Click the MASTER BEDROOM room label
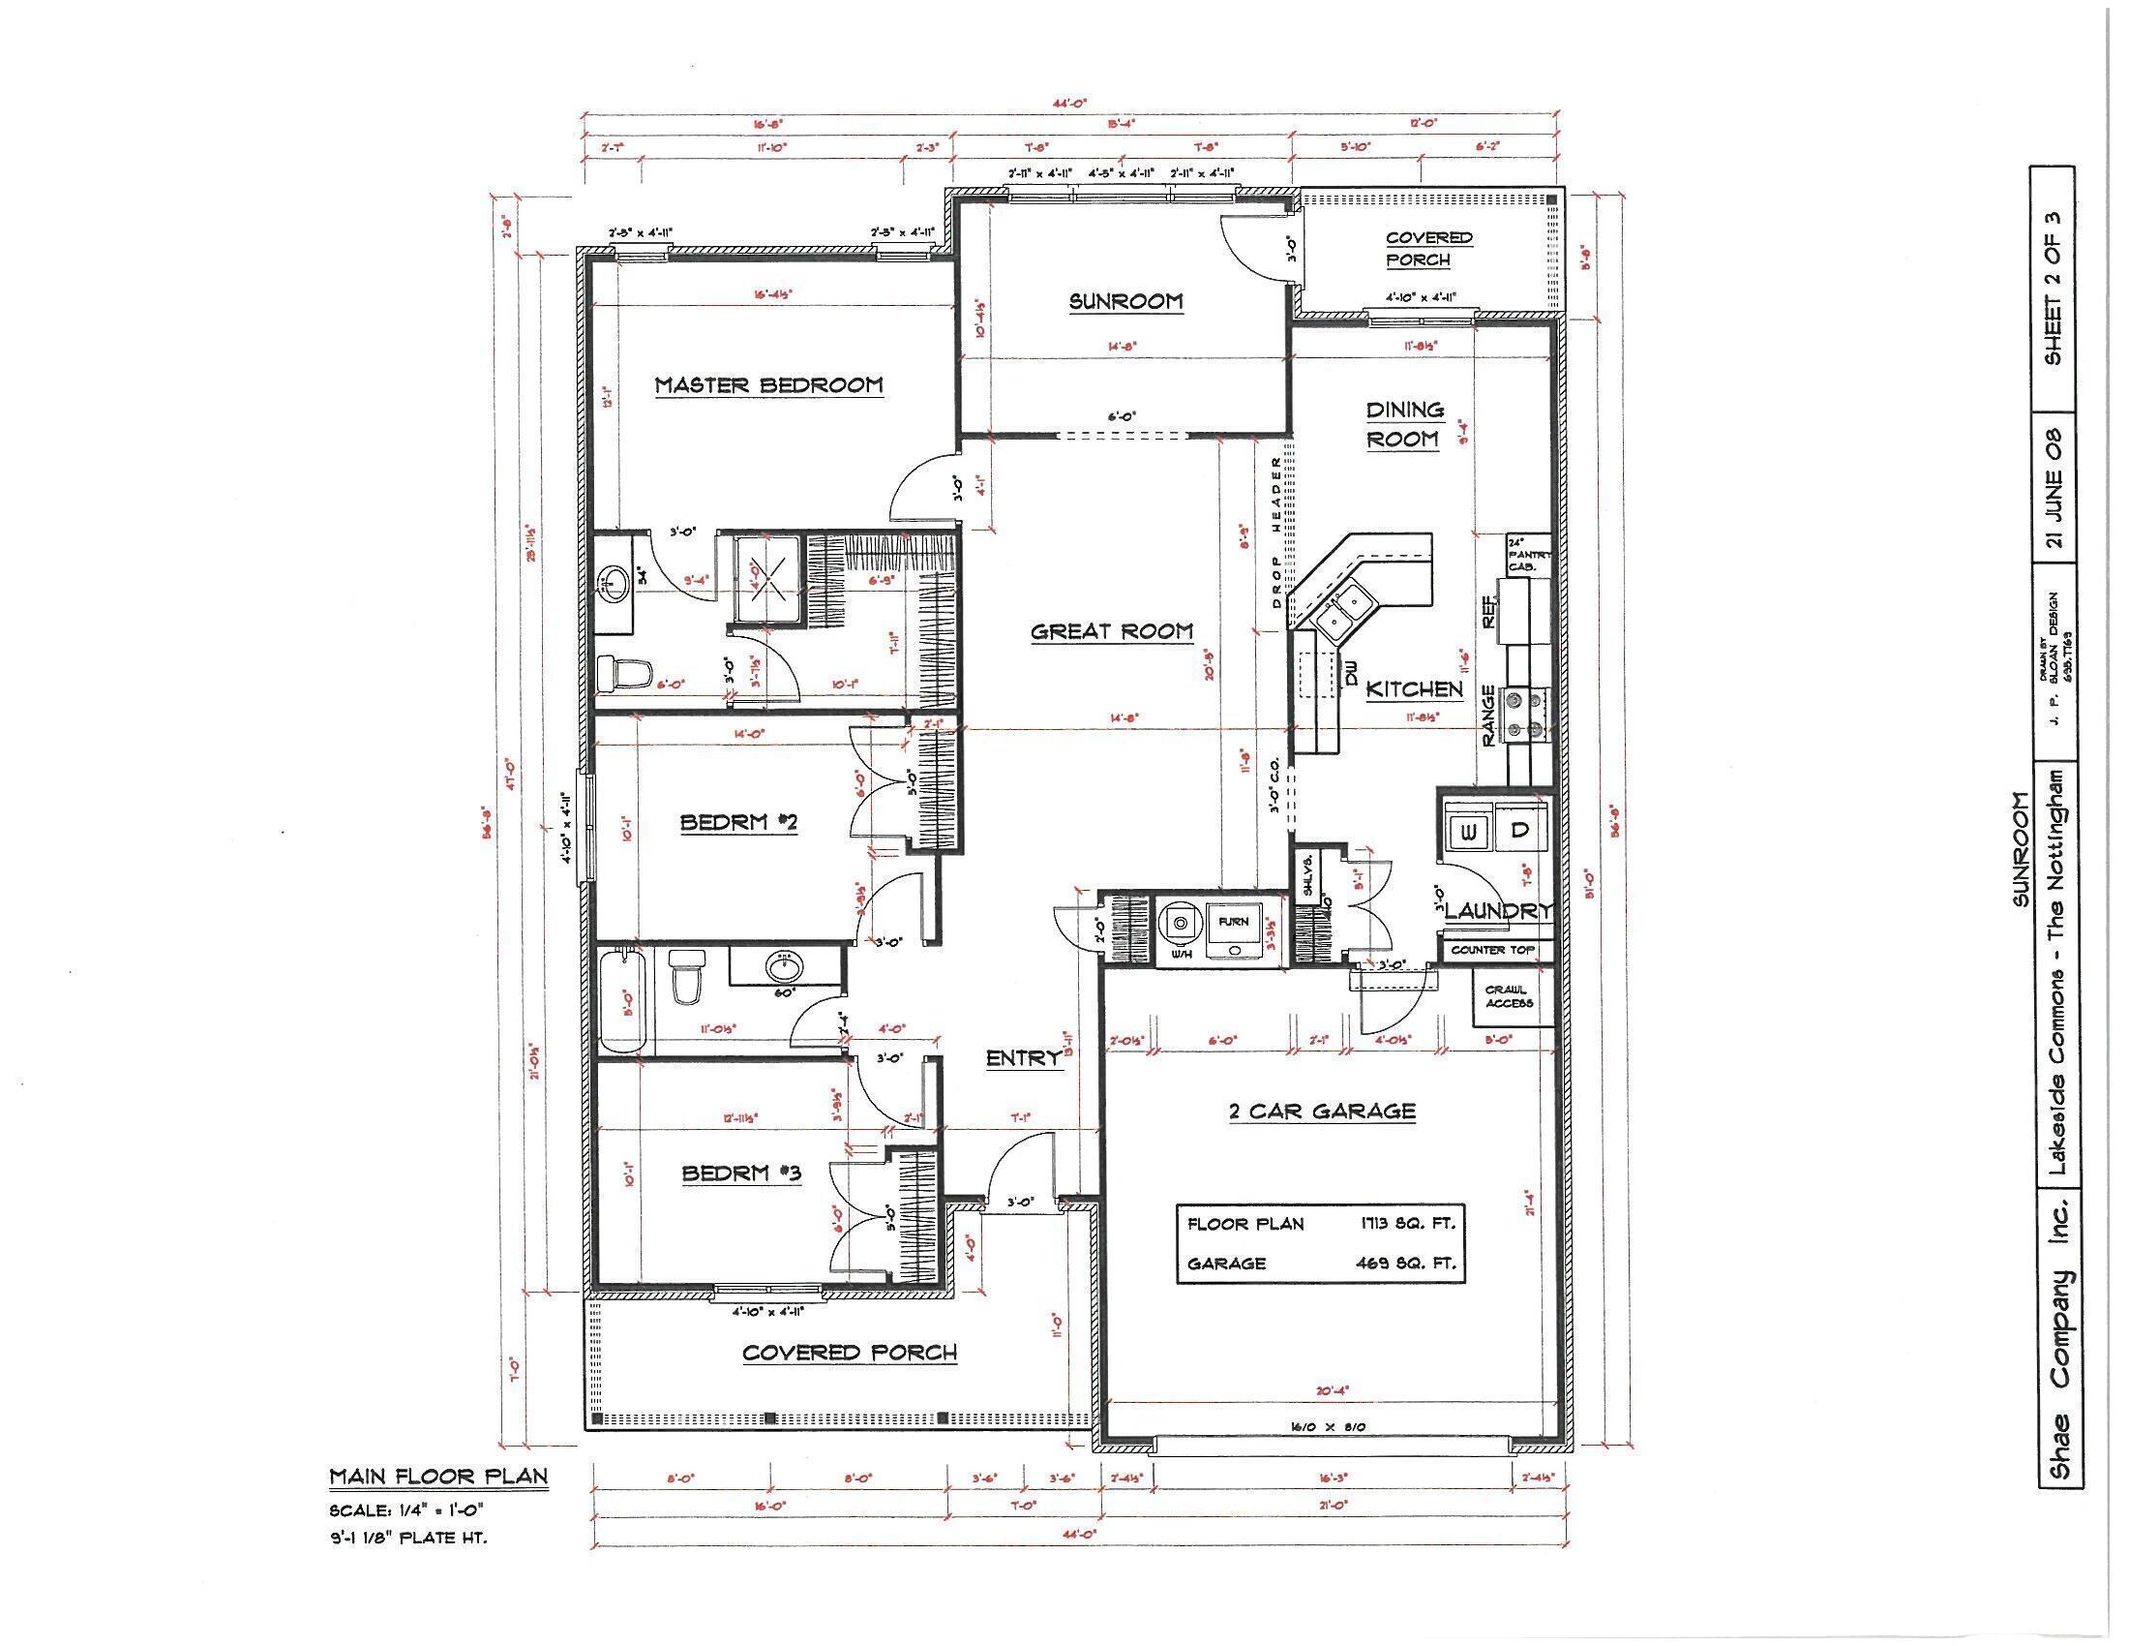[768, 385]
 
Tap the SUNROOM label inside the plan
[1125, 301]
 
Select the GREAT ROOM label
[1111, 632]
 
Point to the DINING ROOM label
[1404, 424]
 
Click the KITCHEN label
[1415, 690]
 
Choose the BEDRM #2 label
[739, 823]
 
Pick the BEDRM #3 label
[741, 1174]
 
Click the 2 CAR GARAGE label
[1322, 1112]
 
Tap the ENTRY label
[1023, 1059]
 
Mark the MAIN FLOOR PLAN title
[438, 1477]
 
